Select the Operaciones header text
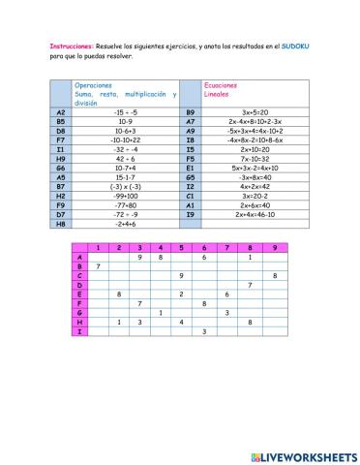coord(95,85)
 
